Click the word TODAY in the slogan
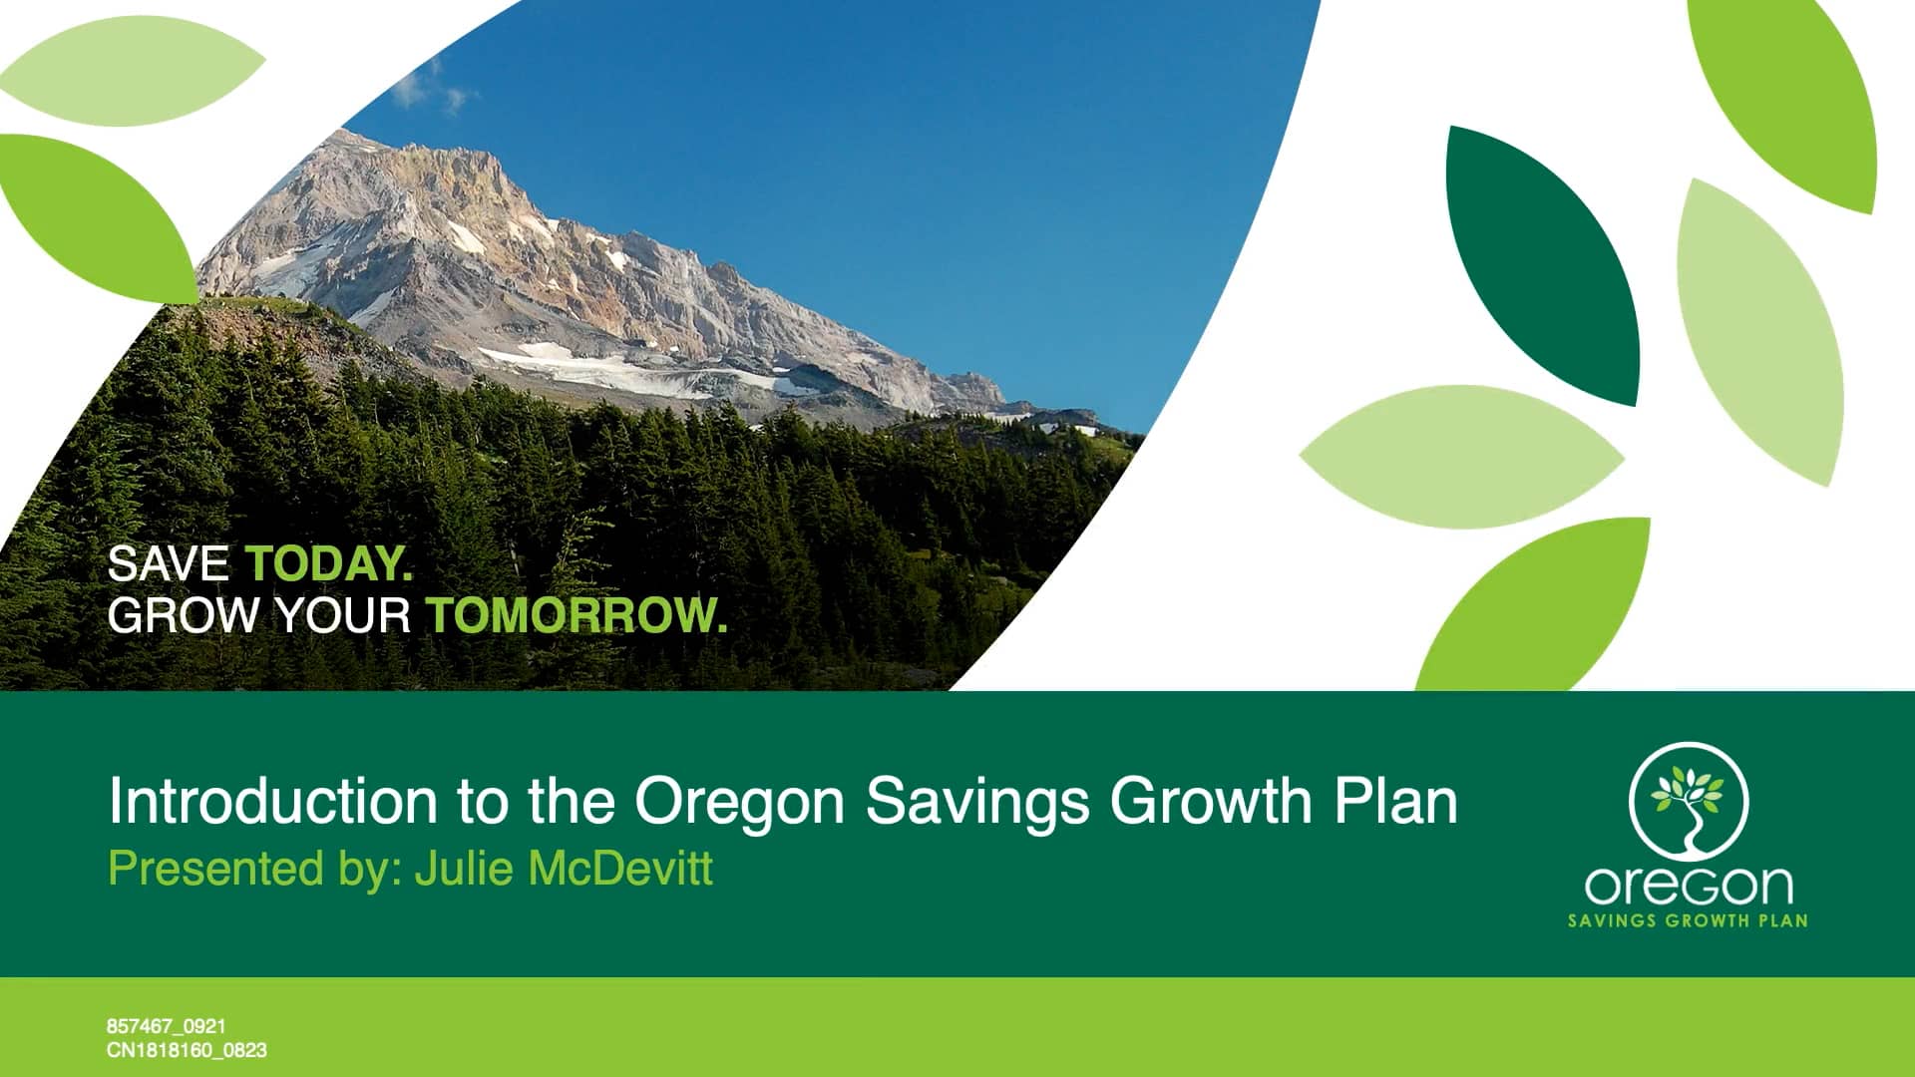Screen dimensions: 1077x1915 tap(328, 564)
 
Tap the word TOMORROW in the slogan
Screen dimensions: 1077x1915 tap(575, 615)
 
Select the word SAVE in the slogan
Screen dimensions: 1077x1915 tap(168, 564)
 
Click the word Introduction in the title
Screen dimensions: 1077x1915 tap(272, 801)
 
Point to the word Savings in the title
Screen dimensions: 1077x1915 tap(977, 801)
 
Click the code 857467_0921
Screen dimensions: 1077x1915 tap(167, 1025)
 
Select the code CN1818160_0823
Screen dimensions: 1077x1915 tap(187, 1050)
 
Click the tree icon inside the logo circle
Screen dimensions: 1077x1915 tap(1688, 803)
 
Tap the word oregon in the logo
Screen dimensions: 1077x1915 tap(1688, 884)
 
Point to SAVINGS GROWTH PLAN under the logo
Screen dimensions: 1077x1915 tap(1688, 920)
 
